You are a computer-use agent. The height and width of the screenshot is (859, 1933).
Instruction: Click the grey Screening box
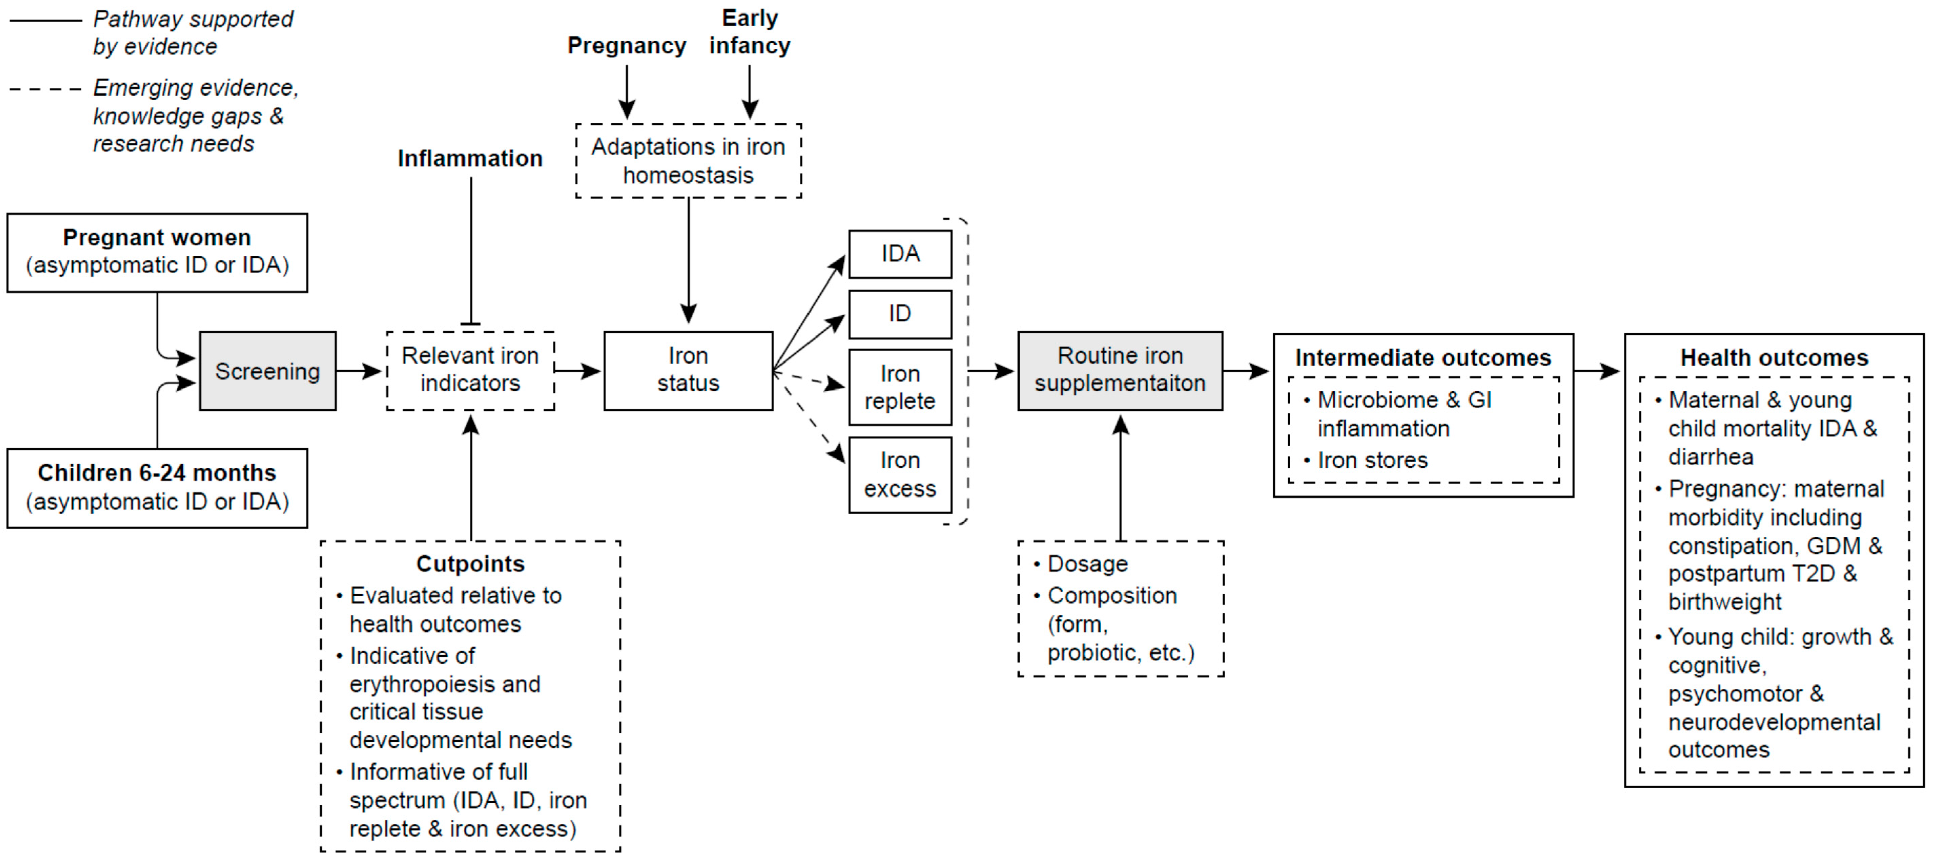pos(267,371)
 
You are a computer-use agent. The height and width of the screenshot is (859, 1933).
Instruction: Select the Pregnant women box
pos(157,252)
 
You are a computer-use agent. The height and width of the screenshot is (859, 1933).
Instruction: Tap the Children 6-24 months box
pos(157,488)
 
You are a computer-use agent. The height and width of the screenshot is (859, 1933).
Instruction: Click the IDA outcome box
pos(900,253)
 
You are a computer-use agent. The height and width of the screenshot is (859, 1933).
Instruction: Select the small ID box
pos(900,314)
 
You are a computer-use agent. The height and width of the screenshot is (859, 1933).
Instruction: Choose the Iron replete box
pos(900,387)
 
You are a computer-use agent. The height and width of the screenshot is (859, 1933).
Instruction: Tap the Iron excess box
pos(900,474)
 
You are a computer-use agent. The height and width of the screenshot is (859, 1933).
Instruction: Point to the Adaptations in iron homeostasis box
pos(688,161)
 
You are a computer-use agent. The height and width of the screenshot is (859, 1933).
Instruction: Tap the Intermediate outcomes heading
pos(1423,358)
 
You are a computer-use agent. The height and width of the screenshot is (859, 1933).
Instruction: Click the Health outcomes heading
pos(1774,358)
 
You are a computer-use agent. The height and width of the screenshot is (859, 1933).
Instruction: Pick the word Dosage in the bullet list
pos(1087,563)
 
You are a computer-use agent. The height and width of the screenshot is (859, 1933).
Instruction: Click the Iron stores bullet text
pos(1373,460)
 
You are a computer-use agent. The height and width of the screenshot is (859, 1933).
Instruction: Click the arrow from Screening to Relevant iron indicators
pos(359,371)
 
